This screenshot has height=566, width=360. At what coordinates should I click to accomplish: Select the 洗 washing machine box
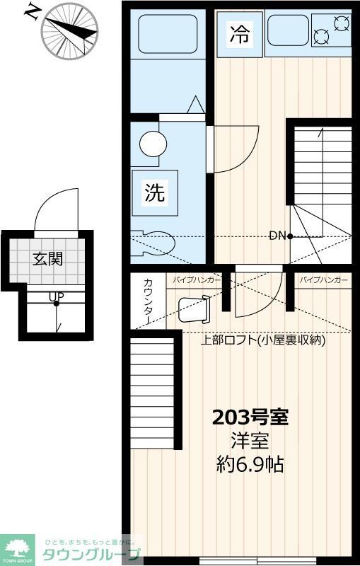pyautogui.click(x=155, y=192)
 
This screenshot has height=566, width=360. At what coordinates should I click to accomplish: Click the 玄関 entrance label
pyautogui.click(x=47, y=259)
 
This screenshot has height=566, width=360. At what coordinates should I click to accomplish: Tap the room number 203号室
pyautogui.click(x=250, y=417)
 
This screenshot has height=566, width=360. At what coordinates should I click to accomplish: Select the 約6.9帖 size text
pyautogui.click(x=250, y=465)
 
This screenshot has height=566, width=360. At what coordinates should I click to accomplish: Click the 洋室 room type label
pyautogui.click(x=250, y=441)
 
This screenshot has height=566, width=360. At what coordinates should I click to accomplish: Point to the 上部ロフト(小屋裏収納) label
pyautogui.click(x=262, y=340)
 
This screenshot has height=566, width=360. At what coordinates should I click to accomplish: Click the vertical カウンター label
pyautogui.click(x=147, y=301)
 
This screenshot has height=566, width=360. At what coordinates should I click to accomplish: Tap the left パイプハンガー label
pyautogui.click(x=197, y=280)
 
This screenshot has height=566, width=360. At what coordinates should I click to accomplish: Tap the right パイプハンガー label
pyautogui.click(x=323, y=280)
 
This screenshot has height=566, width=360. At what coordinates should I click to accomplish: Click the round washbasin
pyautogui.click(x=153, y=144)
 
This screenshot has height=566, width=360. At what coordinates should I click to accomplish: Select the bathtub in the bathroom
pyautogui.click(x=167, y=33)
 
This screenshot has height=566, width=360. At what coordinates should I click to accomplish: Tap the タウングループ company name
pyautogui.click(x=92, y=553)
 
